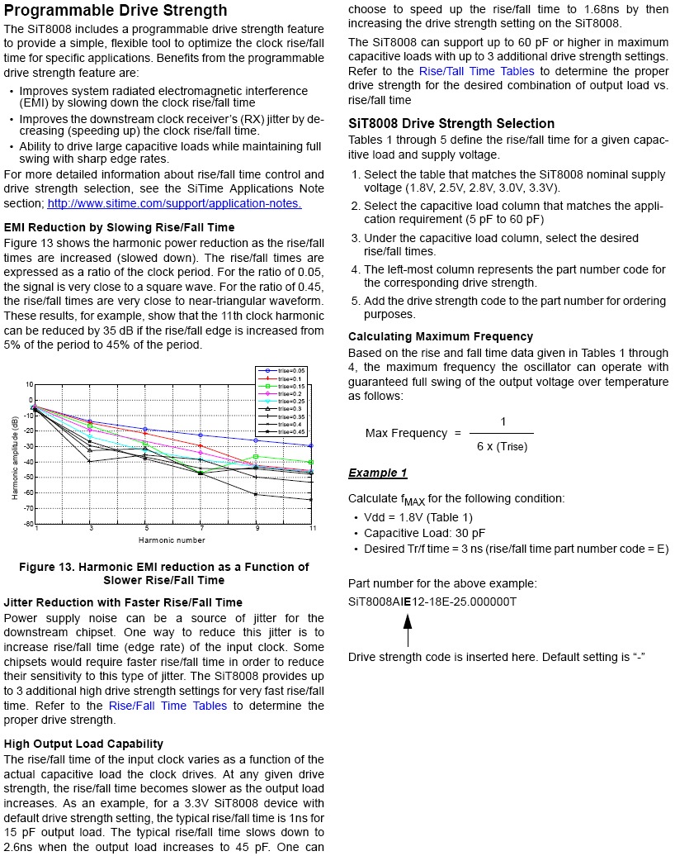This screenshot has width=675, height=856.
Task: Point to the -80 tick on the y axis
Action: tap(29, 524)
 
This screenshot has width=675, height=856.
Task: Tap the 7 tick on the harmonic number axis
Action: tap(201, 528)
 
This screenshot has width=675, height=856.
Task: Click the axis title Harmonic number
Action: tap(172, 540)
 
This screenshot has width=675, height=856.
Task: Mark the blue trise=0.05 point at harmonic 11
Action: tap(311, 445)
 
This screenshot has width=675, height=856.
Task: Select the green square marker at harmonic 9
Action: tap(256, 456)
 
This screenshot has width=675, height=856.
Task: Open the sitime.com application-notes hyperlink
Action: tap(174, 203)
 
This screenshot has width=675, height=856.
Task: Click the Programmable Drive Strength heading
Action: tap(116, 11)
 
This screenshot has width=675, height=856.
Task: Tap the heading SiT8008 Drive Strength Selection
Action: tap(451, 123)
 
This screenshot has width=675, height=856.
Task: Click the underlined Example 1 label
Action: tap(378, 473)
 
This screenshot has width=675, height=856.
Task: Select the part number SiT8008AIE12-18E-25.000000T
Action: tap(432, 602)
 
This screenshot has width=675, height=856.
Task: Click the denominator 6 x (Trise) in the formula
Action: tap(502, 446)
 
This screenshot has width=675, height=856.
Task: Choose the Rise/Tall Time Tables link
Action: tap(476, 71)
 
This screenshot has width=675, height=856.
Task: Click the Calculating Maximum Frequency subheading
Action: tap(441, 336)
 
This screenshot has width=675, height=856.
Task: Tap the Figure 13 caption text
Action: tap(163, 573)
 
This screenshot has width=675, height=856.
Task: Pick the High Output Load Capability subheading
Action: tap(83, 744)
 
